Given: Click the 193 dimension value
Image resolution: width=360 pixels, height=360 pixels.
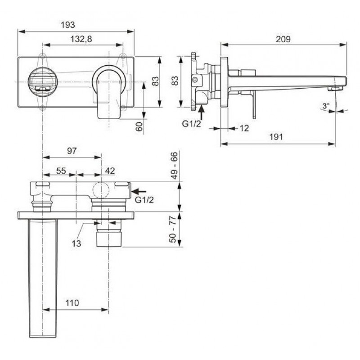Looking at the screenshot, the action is point(68,25).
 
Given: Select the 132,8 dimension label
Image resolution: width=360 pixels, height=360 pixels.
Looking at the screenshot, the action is point(81,39).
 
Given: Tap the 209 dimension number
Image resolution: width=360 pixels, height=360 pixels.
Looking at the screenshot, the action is point(283,39).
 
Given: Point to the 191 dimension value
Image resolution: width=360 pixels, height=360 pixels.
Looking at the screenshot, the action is point(276,137).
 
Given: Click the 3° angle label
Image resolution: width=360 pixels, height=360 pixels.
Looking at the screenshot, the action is point(326,106).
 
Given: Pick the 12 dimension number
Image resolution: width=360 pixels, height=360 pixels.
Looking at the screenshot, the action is point(244,128).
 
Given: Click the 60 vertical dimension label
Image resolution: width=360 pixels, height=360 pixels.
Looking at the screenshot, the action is point(139,126).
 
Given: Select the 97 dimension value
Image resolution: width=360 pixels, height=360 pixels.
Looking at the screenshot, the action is point(72,151).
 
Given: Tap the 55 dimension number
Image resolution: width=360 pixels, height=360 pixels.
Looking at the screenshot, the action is point(61,171).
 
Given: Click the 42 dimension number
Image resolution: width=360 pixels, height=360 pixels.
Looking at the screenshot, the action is point(110,171).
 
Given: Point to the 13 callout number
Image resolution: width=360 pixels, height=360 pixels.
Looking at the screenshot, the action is point(76,243).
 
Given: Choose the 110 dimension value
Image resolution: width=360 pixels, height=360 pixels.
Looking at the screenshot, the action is point(72,303).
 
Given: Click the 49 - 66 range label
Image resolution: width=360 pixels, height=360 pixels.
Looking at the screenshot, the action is point(174,165).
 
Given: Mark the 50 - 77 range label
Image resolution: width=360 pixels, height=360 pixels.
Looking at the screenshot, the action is point(173,229).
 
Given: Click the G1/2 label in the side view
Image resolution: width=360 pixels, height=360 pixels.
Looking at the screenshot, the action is point(191,124).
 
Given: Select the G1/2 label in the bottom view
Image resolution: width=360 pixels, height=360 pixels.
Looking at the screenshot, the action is point(144,200).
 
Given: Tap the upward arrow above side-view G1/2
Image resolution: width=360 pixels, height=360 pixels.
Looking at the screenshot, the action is point(201,112).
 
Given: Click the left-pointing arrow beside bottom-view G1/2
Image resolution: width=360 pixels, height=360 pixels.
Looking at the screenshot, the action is point(139,191).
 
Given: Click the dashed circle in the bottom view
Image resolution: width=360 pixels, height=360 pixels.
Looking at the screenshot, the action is point(101,190).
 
